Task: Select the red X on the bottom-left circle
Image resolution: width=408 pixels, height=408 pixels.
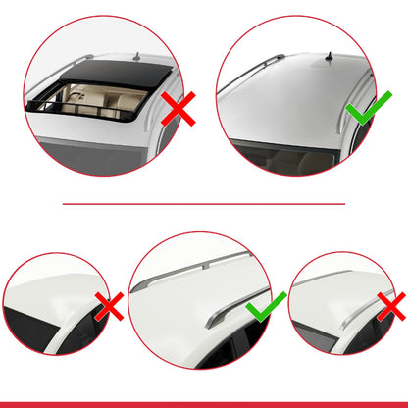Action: [x=109, y=306]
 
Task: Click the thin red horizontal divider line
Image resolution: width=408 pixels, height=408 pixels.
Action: [x=204, y=204]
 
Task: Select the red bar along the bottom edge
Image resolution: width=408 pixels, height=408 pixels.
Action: [x=204, y=403]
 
